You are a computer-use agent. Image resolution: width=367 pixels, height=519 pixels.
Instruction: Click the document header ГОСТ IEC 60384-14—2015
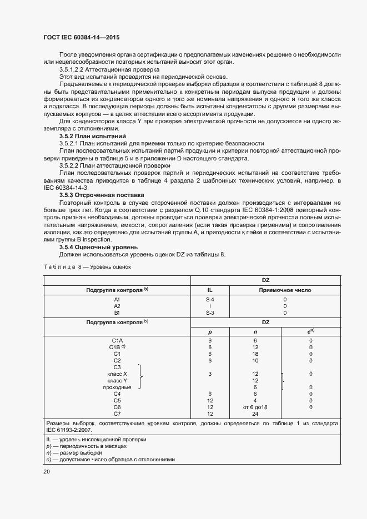point(81,37)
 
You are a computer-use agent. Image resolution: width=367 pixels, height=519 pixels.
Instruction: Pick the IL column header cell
point(210,290)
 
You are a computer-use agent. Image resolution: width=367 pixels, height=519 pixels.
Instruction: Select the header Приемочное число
point(285,290)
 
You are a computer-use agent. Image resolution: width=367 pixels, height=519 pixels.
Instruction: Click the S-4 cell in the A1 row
point(210,299)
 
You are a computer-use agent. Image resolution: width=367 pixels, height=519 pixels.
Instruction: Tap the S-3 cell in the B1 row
point(210,313)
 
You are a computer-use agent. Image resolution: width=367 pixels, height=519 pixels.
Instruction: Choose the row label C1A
point(117,340)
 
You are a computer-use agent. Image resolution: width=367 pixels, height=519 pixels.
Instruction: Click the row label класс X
point(117,374)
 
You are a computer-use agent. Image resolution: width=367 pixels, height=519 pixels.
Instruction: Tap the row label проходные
point(117,387)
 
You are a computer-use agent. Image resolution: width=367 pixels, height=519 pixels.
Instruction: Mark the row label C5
point(117,400)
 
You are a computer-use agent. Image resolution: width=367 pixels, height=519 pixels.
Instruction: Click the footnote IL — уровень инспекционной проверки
point(89,439)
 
